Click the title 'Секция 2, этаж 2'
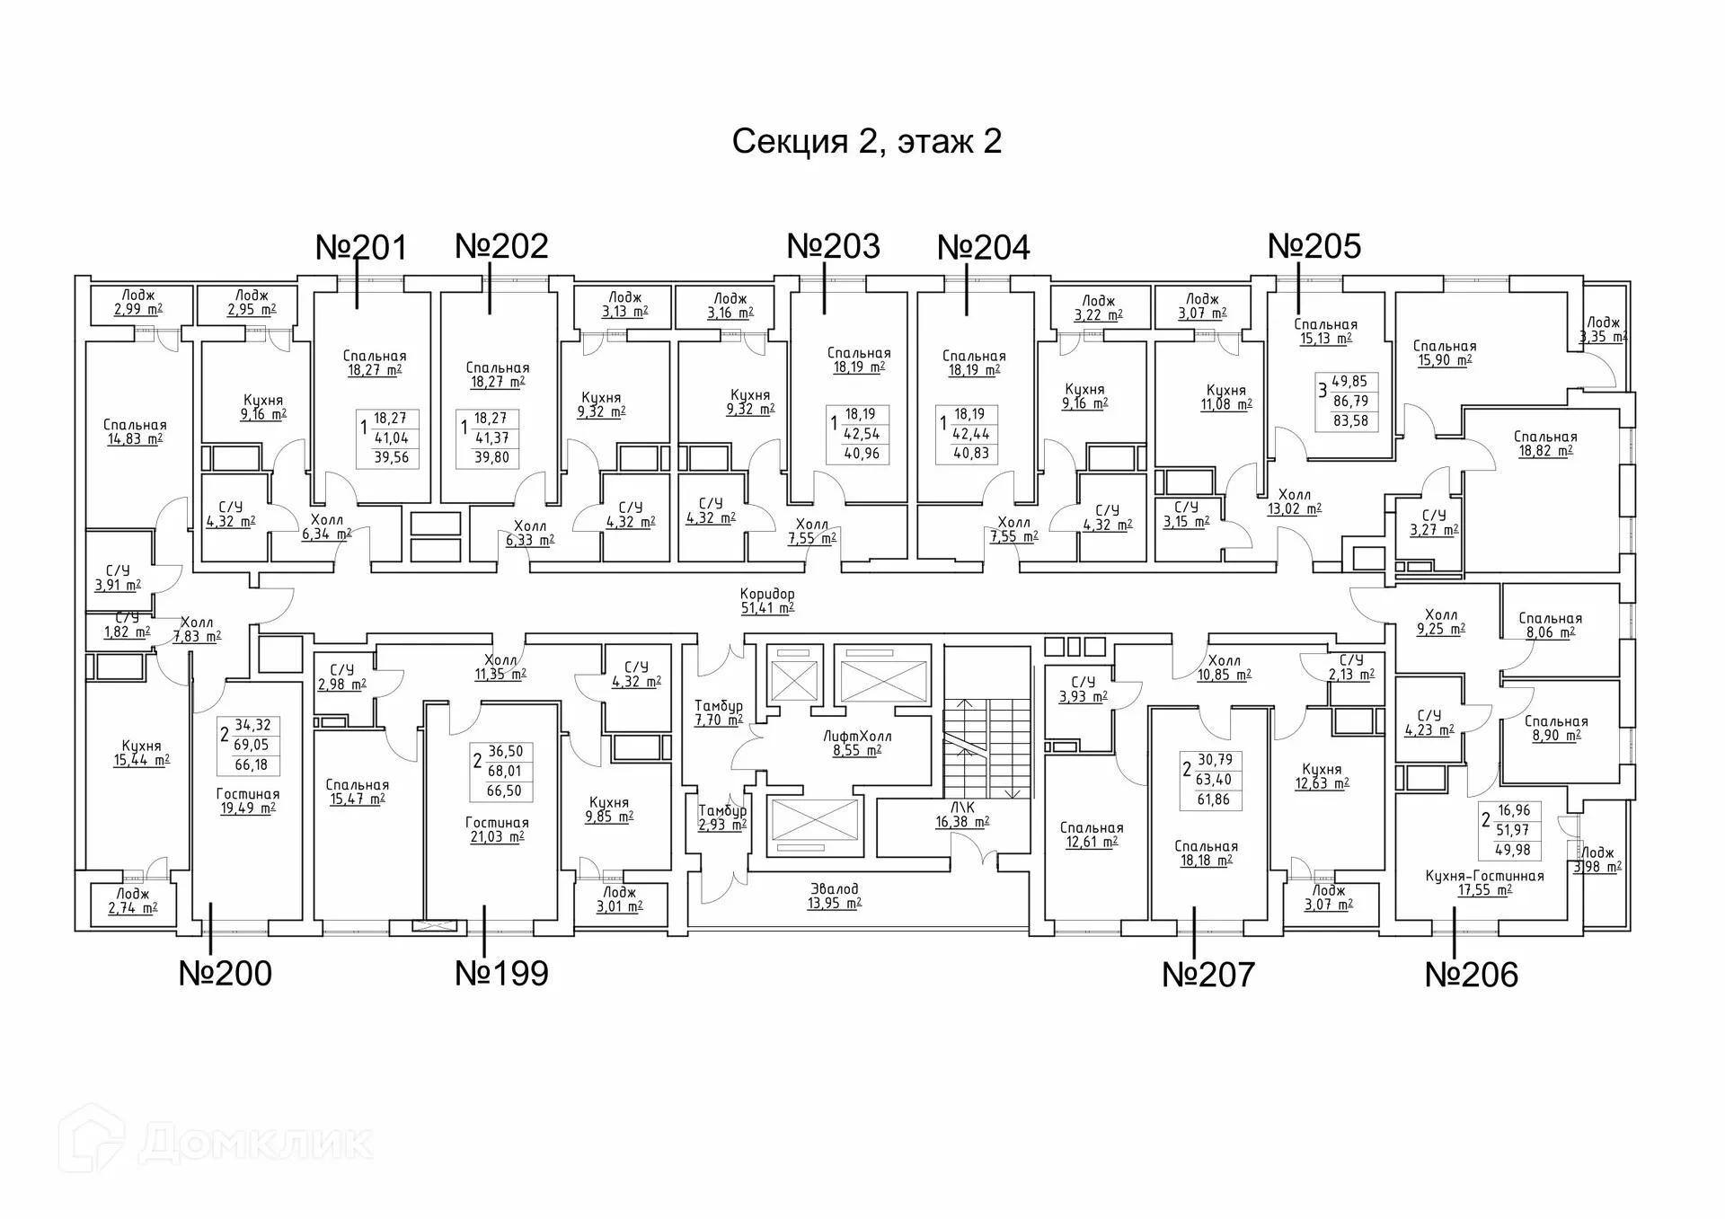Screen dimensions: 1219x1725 [x=866, y=142]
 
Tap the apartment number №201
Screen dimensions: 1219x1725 [x=361, y=247]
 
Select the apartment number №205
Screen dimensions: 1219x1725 [x=1314, y=246]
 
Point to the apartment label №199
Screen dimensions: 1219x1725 [x=501, y=973]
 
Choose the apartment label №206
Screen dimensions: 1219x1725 [x=1472, y=975]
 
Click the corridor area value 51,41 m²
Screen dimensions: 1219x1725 [x=767, y=608]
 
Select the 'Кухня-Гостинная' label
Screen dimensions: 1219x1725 [x=1484, y=876]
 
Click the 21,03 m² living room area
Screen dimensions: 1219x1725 [x=497, y=837]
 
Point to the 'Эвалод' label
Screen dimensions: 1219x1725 [x=835, y=889]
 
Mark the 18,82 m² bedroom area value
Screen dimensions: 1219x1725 [x=1545, y=451]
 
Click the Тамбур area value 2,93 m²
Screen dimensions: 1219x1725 [x=722, y=825]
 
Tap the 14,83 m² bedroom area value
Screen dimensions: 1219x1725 [x=135, y=439]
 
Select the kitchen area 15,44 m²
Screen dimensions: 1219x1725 [x=141, y=760]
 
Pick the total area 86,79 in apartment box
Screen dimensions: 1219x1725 [x=1350, y=401]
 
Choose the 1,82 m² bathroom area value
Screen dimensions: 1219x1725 [x=127, y=632]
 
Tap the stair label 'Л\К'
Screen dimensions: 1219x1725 [x=962, y=808]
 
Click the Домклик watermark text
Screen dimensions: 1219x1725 [x=256, y=1143]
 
